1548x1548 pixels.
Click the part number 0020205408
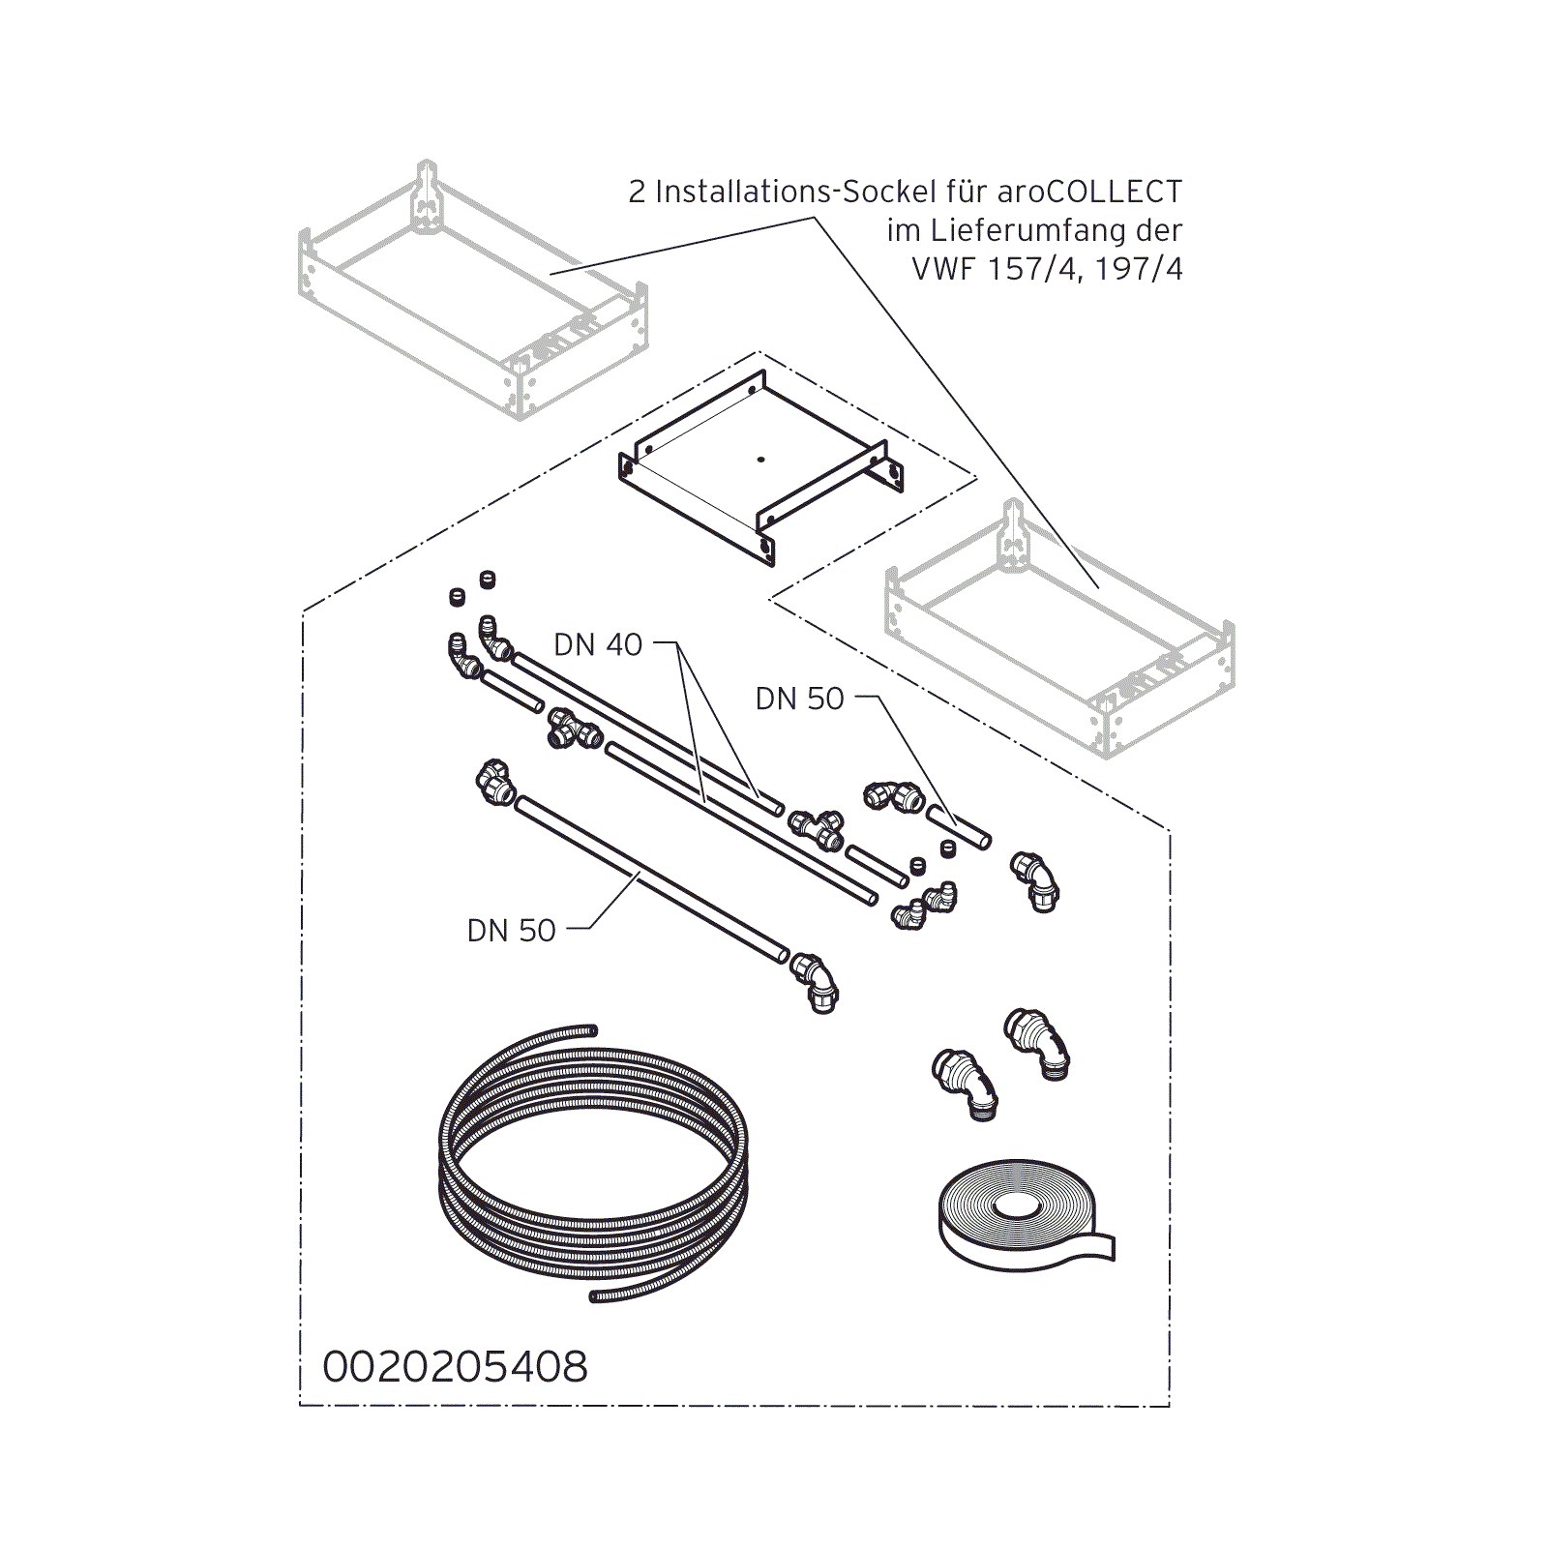(x=455, y=1367)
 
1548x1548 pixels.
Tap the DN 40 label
(x=598, y=644)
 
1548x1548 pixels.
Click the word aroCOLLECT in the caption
(x=1089, y=192)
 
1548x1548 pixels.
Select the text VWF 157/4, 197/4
(x=1047, y=268)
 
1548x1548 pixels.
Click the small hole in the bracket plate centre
(x=760, y=460)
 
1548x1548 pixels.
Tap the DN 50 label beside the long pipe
(x=511, y=931)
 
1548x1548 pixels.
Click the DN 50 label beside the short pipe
(x=799, y=699)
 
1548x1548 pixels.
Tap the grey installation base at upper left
(x=473, y=290)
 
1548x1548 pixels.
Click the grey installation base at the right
(x=1060, y=629)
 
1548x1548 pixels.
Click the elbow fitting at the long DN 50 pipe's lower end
(x=815, y=982)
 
